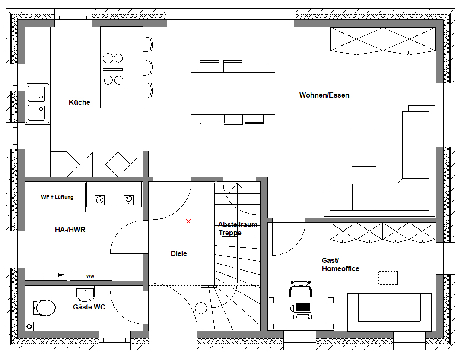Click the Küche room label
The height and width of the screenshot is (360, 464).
click(x=79, y=102)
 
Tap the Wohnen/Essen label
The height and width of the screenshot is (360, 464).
click(x=324, y=95)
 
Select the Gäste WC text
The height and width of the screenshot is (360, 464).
click(x=89, y=307)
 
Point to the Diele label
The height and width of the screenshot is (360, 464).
click(x=179, y=253)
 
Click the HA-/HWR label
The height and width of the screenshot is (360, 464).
click(x=70, y=230)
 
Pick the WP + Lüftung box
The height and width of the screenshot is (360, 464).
click(x=56, y=197)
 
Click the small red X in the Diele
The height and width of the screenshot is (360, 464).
click(x=188, y=221)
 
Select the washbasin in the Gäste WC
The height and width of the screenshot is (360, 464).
click(x=85, y=293)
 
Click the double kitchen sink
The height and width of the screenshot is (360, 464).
click(x=37, y=103)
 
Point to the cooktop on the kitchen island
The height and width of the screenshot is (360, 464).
click(x=113, y=70)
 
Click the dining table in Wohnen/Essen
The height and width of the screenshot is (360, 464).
click(x=233, y=93)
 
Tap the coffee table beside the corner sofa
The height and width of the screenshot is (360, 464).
click(x=364, y=148)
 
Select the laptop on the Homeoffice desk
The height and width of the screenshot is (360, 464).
click(x=302, y=311)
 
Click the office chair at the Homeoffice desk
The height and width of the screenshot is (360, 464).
click(x=300, y=288)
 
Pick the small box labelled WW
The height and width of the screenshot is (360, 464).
click(x=90, y=276)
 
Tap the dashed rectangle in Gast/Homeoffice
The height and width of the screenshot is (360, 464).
click(x=388, y=278)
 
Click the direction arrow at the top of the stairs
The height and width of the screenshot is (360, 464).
click(x=237, y=188)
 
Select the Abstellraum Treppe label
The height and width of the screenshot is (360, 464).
click(x=238, y=229)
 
